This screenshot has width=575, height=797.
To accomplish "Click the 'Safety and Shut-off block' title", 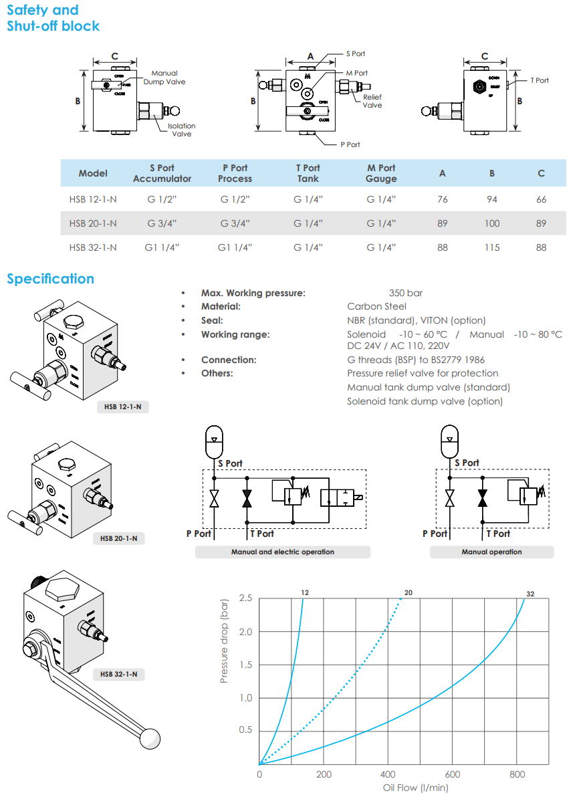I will (x=53, y=18).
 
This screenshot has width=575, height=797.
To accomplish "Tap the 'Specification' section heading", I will (x=50, y=279).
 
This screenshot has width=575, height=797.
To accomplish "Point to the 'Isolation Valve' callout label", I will (x=181, y=130).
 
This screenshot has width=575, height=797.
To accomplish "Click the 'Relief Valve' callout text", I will (x=372, y=101).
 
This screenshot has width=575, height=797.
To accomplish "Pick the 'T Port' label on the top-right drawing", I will (x=539, y=80).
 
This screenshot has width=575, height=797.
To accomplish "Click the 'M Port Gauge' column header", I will (x=381, y=173).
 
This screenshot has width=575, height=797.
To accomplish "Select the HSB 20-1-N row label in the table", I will (x=93, y=223).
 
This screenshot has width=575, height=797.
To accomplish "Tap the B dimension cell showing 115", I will (x=491, y=247).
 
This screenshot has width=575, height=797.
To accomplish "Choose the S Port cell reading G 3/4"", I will (x=162, y=223).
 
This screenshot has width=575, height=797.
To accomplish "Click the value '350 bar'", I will (x=405, y=293).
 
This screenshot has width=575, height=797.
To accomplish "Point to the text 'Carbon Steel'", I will (x=376, y=306).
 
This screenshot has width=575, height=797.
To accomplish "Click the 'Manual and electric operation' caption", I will (x=282, y=552).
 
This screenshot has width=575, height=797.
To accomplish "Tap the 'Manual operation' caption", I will (x=491, y=552).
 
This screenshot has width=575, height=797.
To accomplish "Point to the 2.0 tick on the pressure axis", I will (x=245, y=632).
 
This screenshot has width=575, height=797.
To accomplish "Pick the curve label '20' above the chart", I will (x=409, y=592).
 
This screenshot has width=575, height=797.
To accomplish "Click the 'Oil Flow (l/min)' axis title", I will (x=416, y=788).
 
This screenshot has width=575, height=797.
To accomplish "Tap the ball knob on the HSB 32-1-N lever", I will (x=150, y=738).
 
